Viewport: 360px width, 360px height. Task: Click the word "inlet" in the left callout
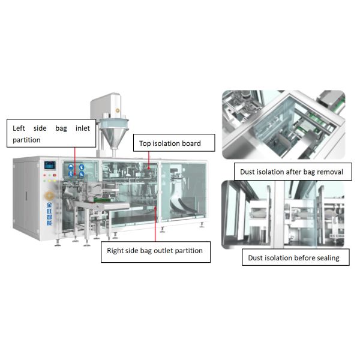(x=83, y=128)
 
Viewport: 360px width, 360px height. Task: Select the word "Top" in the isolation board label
(x=145, y=144)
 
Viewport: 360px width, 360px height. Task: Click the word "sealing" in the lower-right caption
(x=328, y=258)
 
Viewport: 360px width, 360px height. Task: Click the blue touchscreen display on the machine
(x=50, y=165)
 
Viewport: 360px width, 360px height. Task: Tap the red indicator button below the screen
(x=55, y=175)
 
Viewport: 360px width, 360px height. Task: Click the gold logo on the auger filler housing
(x=118, y=110)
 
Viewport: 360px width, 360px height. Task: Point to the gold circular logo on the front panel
(x=49, y=196)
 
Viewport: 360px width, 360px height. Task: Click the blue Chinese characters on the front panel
(x=49, y=214)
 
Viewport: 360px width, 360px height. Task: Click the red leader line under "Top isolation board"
(x=149, y=160)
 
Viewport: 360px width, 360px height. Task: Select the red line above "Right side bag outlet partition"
(x=155, y=224)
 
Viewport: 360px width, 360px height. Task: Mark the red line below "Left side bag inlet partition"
(x=75, y=161)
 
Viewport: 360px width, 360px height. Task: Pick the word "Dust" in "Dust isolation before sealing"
(x=256, y=258)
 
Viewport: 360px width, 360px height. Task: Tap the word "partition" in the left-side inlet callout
(x=26, y=140)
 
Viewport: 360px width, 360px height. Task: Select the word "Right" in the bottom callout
(x=115, y=251)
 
